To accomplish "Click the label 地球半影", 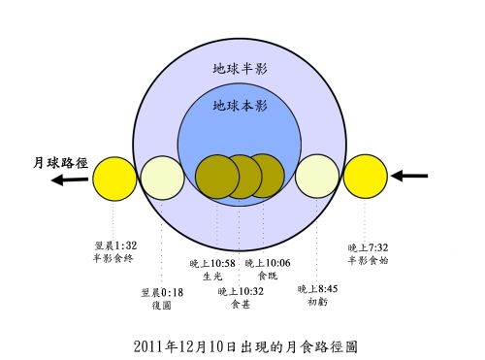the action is [240, 69].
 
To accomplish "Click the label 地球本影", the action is [240, 106].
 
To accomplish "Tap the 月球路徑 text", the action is [60, 163].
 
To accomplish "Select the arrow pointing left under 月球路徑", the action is [70, 180].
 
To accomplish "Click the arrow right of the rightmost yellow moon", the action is [409, 176].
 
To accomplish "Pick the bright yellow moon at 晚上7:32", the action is [366, 177].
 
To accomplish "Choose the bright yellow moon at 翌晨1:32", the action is [114, 179].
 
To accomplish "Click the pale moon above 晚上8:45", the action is [317, 177].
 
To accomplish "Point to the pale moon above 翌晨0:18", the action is [163, 178].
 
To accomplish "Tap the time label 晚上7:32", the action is [368, 248].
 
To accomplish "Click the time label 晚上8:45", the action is [317, 289].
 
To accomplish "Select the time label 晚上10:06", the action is [268, 263].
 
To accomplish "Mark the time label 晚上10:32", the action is [241, 292].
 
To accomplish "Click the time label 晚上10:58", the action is [212, 264].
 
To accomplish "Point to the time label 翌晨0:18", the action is [162, 293].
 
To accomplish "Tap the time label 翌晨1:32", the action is [115, 245].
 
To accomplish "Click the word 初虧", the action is [318, 302].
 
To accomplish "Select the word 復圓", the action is [162, 306].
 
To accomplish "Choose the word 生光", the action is [212, 277].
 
